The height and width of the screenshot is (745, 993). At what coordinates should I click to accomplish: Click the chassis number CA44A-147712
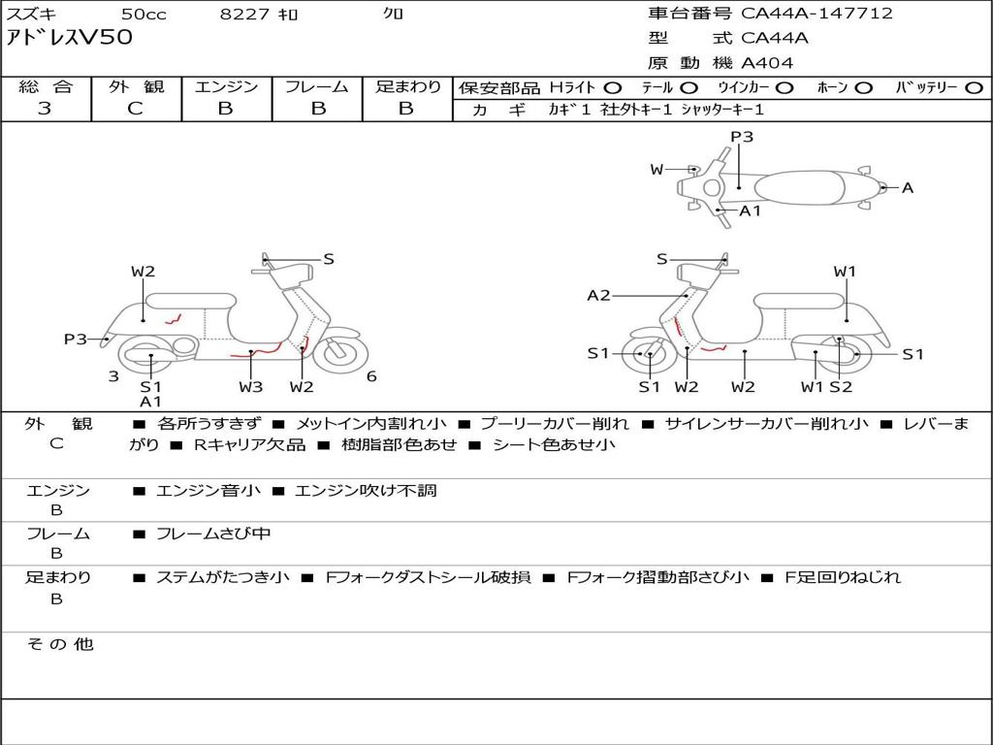pyautogui.click(x=817, y=14)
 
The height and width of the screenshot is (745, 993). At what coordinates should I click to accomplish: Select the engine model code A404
pyautogui.click(x=767, y=63)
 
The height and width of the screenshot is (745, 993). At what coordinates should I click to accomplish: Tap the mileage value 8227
pyautogui.click(x=245, y=15)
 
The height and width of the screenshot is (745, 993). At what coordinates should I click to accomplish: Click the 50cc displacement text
pyautogui.click(x=143, y=15)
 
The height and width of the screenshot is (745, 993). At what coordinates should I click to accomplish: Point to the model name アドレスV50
pyautogui.click(x=70, y=39)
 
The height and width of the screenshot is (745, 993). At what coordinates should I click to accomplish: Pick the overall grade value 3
pyautogui.click(x=45, y=109)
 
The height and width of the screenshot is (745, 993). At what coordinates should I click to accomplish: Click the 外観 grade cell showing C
pyautogui.click(x=136, y=109)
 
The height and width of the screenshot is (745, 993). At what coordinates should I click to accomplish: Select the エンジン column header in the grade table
pyautogui.click(x=226, y=86)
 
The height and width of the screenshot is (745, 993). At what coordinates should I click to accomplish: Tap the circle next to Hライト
pyautogui.click(x=613, y=87)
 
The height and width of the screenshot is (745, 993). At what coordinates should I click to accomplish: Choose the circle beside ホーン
pyautogui.click(x=863, y=87)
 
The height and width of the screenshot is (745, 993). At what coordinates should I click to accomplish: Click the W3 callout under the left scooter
pyautogui.click(x=250, y=387)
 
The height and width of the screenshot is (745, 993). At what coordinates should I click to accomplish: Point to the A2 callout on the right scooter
pyautogui.click(x=598, y=296)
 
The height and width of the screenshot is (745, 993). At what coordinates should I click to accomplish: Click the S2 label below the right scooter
pyautogui.click(x=840, y=387)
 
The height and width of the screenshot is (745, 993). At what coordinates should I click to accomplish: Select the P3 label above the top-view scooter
pyautogui.click(x=742, y=137)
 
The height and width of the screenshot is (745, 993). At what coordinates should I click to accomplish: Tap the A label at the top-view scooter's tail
pyautogui.click(x=908, y=188)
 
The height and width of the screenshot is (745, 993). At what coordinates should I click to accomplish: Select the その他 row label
pyautogui.click(x=60, y=644)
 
